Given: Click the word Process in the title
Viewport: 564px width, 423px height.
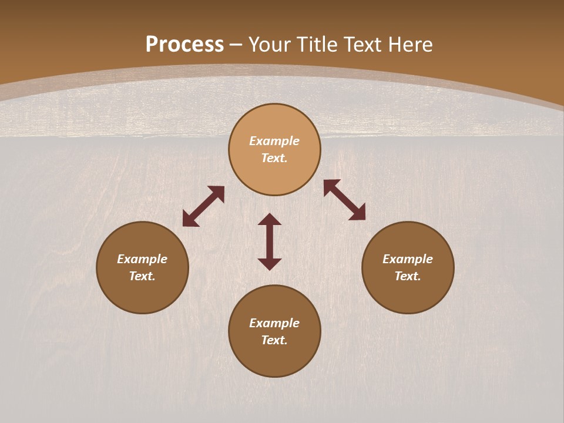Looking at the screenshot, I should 184,45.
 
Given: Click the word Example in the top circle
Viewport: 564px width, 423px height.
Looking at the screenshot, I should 274,141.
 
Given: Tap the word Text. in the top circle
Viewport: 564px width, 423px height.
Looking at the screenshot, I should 274,158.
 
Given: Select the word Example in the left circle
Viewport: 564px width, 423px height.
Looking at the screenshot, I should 142,259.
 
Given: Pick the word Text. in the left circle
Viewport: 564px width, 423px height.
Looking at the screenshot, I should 142,276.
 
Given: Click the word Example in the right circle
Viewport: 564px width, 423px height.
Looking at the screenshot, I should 408,259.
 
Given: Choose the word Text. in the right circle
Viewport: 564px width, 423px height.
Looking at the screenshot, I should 408,276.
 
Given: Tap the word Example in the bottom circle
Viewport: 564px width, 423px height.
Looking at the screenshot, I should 274,323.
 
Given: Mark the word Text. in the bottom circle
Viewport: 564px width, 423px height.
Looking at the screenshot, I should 274,340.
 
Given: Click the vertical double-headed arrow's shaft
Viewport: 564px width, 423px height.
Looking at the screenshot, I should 270,241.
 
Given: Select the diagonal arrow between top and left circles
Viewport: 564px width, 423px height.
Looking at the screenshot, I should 203,206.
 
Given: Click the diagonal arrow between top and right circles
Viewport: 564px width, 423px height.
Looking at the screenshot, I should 344,200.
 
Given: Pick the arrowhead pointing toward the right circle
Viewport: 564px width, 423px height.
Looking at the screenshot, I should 358,214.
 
